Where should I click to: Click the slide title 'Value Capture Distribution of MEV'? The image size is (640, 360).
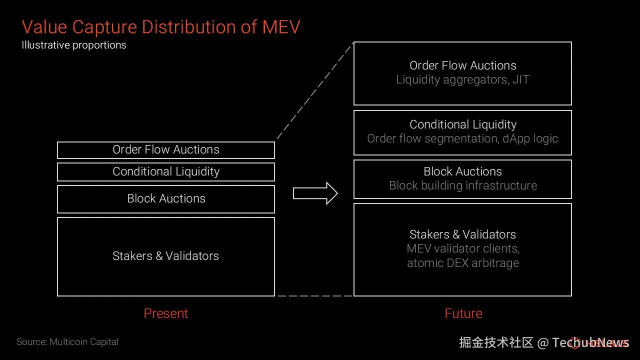coord(160,26)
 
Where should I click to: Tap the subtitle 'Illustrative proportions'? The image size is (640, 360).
coord(74,45)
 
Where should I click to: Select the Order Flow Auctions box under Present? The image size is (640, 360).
coord(166,149)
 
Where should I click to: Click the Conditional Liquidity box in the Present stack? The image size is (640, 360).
coord(166,171)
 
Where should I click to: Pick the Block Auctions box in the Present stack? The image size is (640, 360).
coord(166,198)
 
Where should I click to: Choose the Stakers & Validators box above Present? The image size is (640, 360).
coord(166,256)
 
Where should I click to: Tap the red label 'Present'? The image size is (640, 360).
coord(166,313)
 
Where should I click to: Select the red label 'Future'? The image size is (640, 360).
coord(463,313)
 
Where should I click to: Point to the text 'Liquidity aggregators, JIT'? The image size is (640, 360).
coord(462,79)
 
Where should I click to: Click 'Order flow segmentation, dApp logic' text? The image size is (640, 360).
coord(462,138)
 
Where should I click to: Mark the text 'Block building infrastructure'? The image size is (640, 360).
coord(463,185)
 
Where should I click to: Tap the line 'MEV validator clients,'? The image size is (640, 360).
coord(463,248)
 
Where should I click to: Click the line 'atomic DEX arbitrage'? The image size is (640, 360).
coord(463,263)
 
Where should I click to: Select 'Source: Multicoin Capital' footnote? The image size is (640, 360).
coord(67,342)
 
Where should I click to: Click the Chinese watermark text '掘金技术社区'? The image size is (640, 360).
coord(496,342)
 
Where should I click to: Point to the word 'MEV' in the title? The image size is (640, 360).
coord(281,26)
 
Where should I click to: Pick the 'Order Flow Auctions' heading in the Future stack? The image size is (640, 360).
coord(462,65)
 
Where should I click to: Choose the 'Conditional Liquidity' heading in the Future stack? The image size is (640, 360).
coord(463,124)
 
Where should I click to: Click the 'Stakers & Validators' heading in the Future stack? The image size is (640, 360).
coord(462,234)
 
